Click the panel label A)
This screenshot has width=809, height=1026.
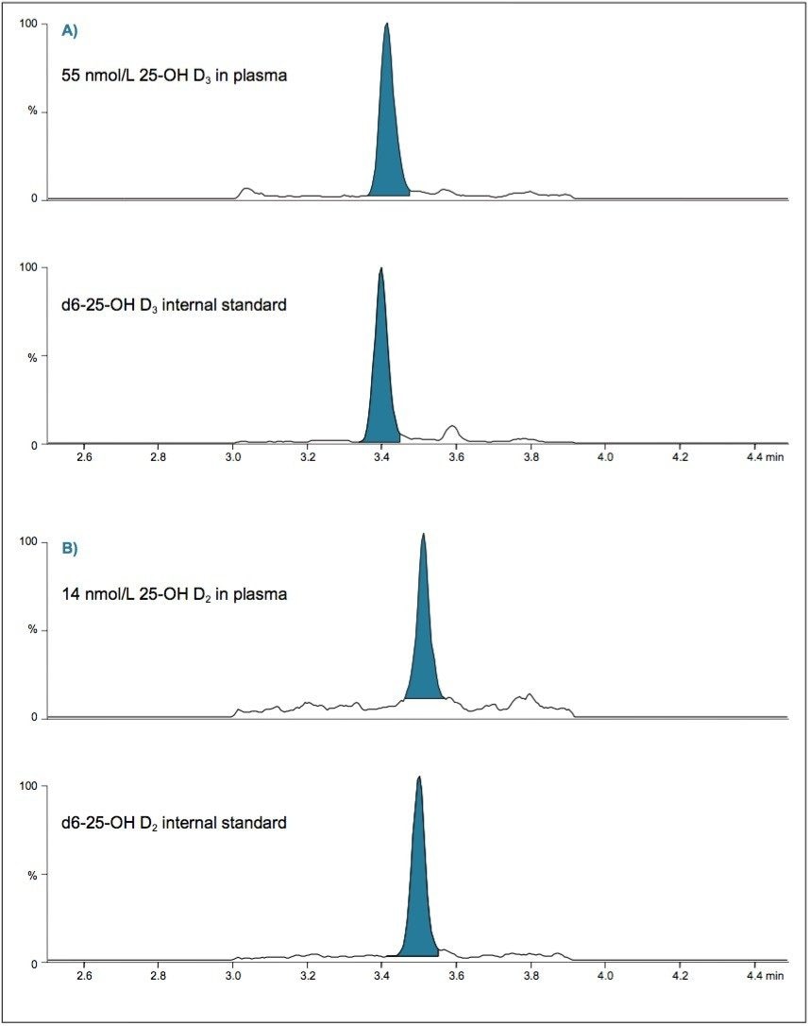(69, 30)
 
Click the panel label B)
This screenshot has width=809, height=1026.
(69, 548)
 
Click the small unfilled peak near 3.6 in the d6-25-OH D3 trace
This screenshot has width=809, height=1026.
(452, 432)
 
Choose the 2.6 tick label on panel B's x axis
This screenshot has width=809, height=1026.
(83, 975)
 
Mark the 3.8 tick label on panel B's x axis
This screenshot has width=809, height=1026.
(531, 975)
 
